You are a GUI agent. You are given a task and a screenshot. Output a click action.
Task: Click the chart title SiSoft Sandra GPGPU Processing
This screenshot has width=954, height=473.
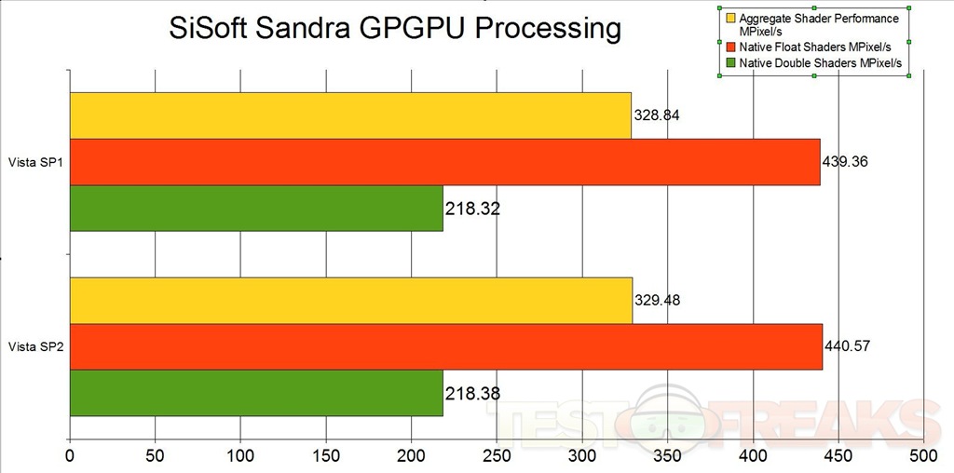(x=395, y=28)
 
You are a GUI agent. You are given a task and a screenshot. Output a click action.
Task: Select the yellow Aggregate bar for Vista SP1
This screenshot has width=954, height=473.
(x=350, y=115)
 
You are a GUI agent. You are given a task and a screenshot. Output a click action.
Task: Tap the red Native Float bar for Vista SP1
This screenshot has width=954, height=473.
(x=444, y=162)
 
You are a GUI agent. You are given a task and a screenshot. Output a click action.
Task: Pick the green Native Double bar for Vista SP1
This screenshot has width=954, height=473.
(x=256, y=208)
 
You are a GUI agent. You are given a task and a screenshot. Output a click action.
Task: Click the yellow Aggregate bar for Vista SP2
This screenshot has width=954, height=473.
(x=350, y=300)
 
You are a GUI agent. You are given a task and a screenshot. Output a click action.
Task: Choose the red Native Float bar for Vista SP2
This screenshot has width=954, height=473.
(x=445, y=346)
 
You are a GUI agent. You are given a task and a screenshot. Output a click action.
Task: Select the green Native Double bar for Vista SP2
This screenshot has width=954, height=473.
(x=256, y=392)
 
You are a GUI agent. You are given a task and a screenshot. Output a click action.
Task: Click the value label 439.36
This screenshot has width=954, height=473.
(x=845, y=162)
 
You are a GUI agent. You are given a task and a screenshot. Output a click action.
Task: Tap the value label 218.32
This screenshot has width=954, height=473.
(x=473, y=209)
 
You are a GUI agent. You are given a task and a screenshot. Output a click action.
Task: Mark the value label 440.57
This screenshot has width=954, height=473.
(x=848, y=346)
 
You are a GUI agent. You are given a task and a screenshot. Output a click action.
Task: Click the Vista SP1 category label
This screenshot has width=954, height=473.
(x=34, y=162)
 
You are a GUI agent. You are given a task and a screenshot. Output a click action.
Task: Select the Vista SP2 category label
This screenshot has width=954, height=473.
(x=34, y=346)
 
